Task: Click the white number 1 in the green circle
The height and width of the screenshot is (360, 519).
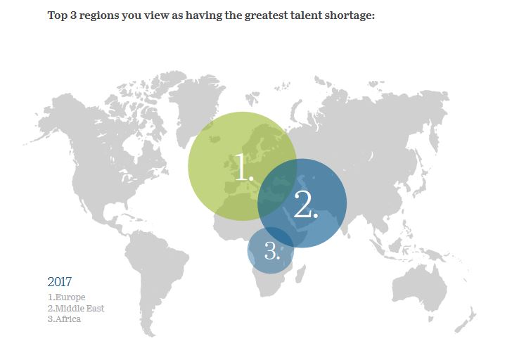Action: click(244, 167)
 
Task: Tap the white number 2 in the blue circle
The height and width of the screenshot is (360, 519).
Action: click(306, 204)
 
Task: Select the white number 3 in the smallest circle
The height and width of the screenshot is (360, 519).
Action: click(272, 250)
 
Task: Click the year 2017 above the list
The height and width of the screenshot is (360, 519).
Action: click(60, 282)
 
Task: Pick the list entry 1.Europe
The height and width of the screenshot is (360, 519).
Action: click(67, 297)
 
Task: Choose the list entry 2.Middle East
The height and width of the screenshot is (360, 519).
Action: click(76, 309)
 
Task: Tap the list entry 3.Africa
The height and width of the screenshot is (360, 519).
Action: click(64, 319)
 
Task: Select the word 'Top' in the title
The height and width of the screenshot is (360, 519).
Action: click(57, 16)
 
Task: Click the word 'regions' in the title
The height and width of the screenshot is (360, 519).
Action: click(98, 16)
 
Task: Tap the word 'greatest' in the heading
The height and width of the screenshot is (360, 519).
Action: click(266, 16)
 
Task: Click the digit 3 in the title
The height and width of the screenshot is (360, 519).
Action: click(73, 15)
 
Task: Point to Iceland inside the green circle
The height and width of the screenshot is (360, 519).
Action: click(214, 139)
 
